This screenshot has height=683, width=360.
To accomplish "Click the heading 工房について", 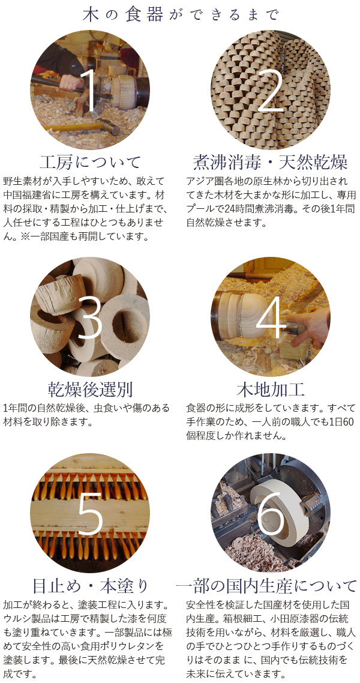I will pyautogui.click(x=90, y=161).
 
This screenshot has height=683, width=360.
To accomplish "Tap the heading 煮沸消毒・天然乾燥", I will pyautogui.click(x=271, y=161).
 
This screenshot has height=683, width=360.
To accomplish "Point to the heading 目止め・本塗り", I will pyautogui.click(x=90, y=585).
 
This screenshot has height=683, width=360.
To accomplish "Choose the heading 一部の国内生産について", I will pyautogui.click(x=266, y=585).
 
